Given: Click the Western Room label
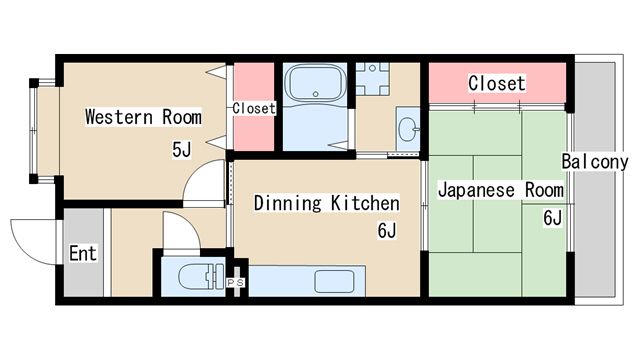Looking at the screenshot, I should [x=143, y=117].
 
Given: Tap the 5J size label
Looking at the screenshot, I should [x=181, y=151].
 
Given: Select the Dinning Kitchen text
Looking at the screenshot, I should [x=326, y=204].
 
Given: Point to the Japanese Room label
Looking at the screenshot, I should [x=501, y=189].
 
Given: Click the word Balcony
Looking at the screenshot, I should [x=594, y=162].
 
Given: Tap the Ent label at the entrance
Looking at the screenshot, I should [x=83, y=254].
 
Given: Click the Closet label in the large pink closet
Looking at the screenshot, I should [x=497, y=83].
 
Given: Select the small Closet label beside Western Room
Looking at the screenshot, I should [x=254, y=108].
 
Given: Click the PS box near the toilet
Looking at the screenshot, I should [x=236, y=283].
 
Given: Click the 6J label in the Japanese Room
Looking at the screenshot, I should [x=551, y=218].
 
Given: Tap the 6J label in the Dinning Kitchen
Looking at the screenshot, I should [x=387, y=232].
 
